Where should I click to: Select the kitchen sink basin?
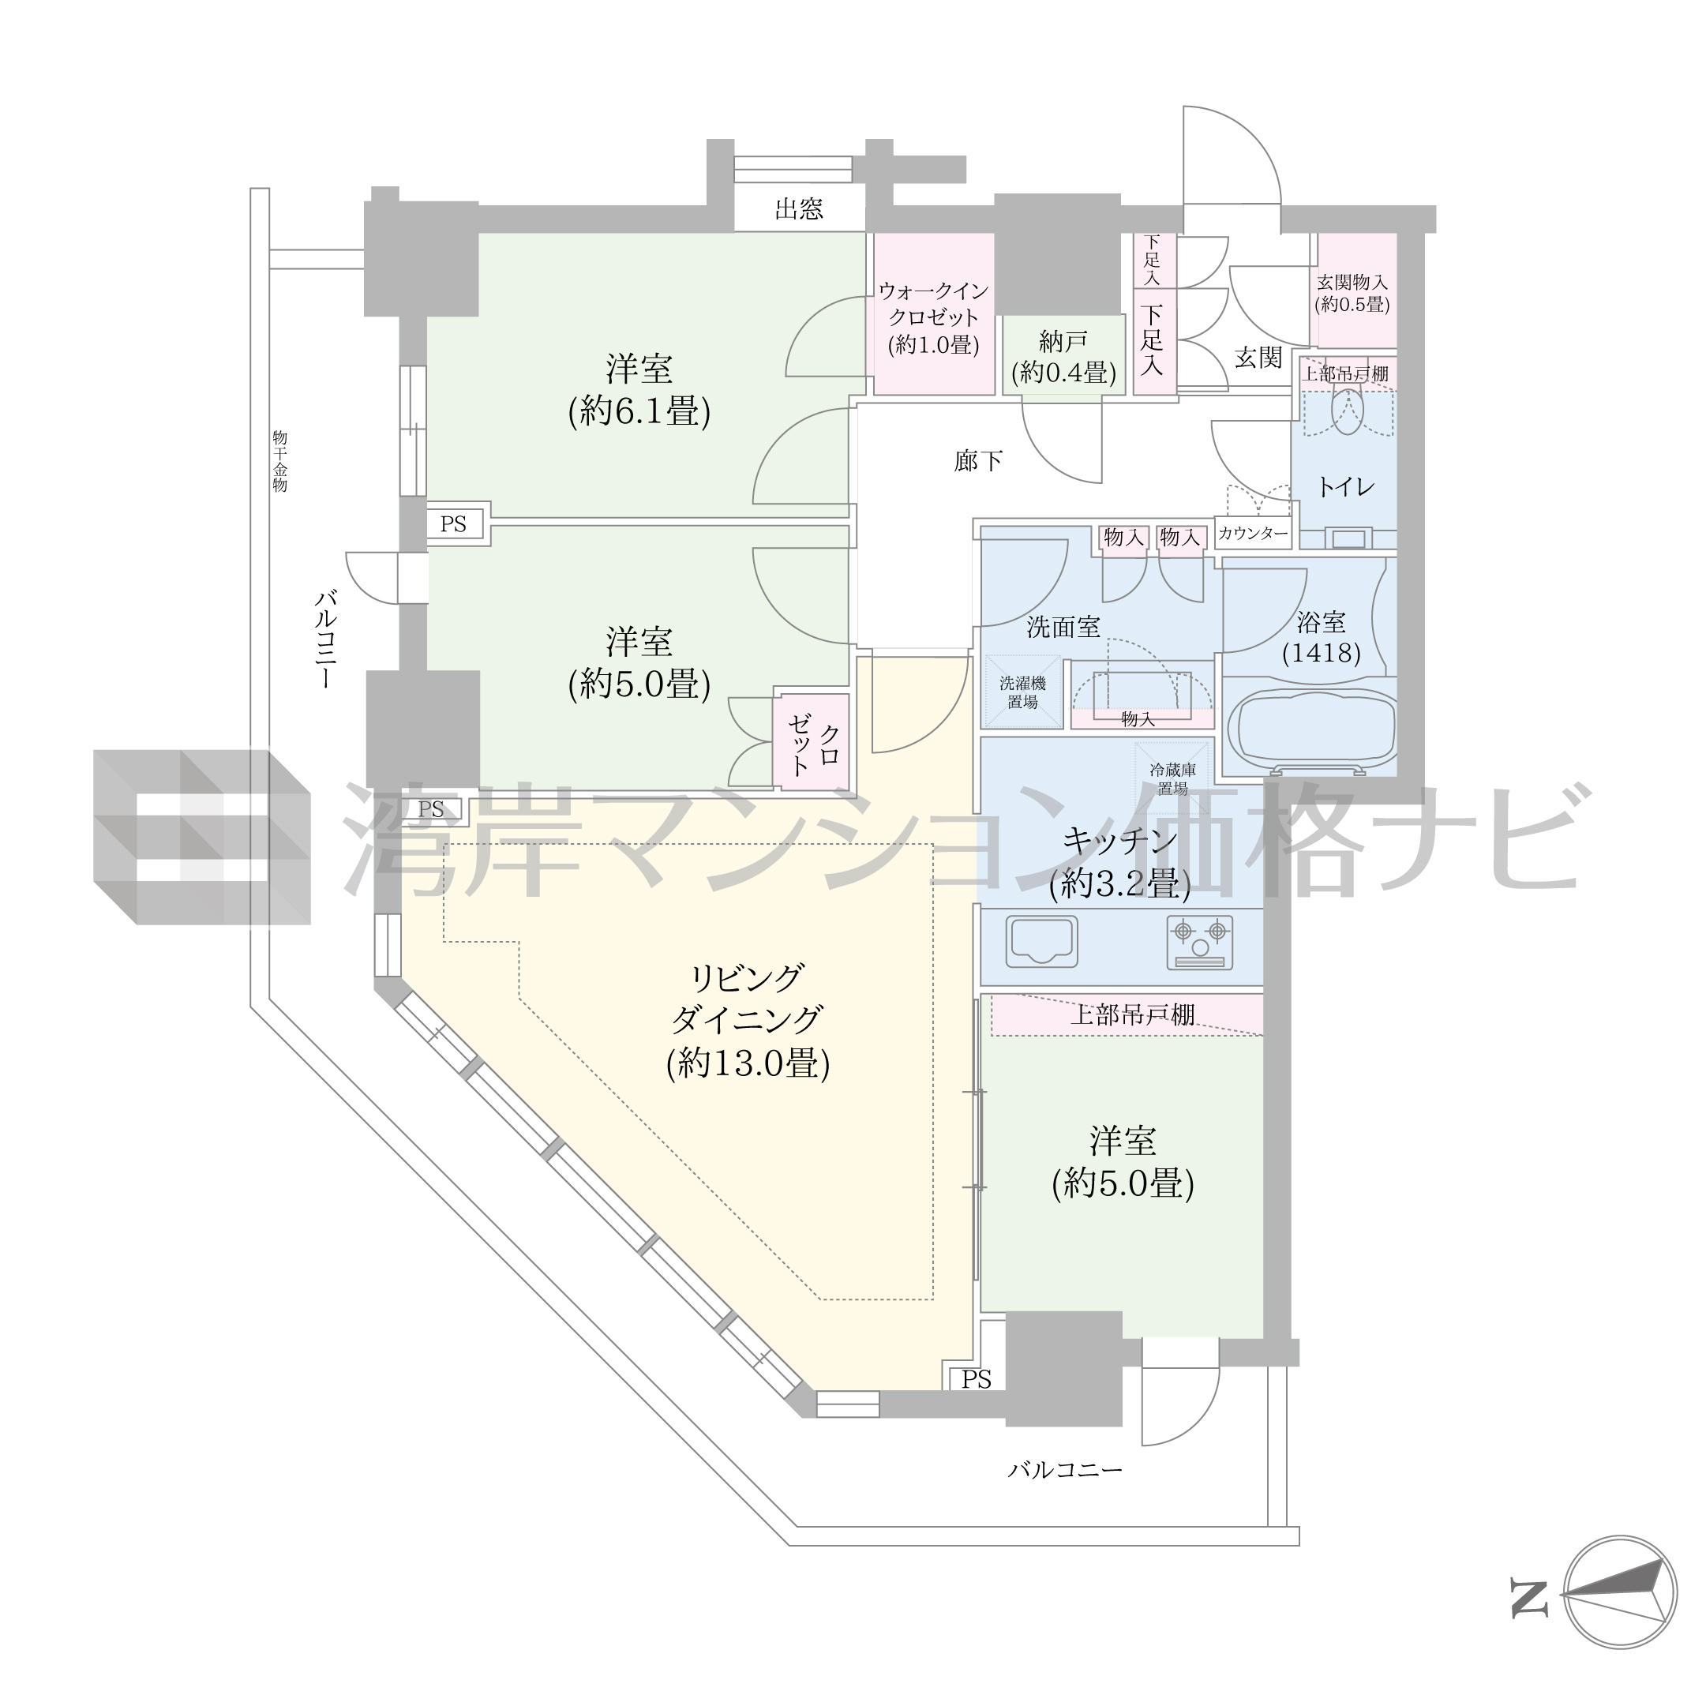[1041, 941]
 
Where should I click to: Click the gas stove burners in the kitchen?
[1200, 942]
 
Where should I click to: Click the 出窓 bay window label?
[799, 209]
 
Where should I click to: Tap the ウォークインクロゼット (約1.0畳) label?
[934, 317]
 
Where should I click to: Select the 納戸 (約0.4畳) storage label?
[1063, 357]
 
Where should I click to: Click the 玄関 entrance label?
[1258, 357]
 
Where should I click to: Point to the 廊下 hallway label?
[977, 460]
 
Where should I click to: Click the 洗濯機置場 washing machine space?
[1022, 692]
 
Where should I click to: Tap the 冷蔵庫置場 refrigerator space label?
[1173, 779]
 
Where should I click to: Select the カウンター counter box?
[1254, 533]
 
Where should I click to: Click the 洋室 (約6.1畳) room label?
[639, 389]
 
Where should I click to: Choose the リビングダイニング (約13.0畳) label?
[748, 1020]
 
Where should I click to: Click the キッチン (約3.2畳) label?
[1120, 863]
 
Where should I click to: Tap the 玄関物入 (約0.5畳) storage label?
[1352, 293]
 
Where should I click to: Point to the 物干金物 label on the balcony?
[280, 461]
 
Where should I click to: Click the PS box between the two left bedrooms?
[453, 524]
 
